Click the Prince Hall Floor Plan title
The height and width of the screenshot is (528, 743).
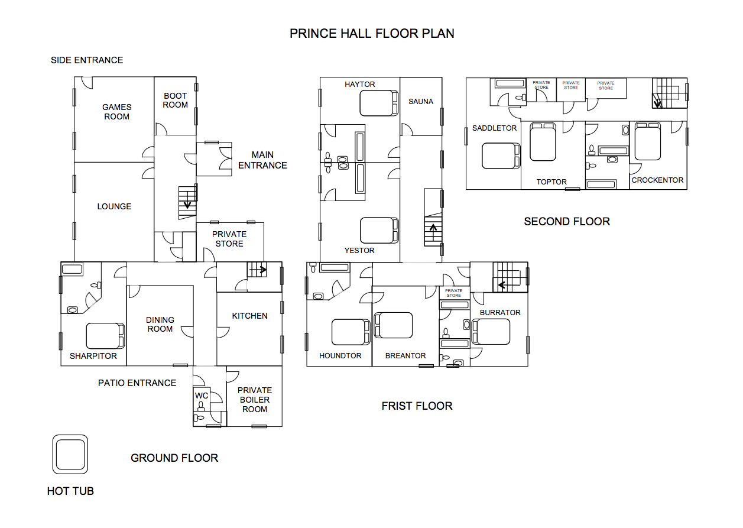pyautogui.click(x=372, y=34)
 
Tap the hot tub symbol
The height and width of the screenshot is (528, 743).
pyautogui.click(x=70, y=454)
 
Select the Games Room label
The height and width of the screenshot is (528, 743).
pyautogui.click(x=117, y=112)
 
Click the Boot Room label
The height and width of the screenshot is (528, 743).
pyautogui.click(x=175, y=101)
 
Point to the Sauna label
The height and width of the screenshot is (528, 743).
pyautogui.click(x=421, y=102)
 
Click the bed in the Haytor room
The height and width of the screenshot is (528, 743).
pyautogui.click(x=379, y=103)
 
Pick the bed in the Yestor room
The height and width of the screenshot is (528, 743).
pyautogui.click(x=379, y=231)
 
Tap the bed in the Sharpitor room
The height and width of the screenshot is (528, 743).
pyautogui.click(x=105, y=336)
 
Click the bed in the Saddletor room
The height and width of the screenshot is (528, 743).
pyautogui.click(x=501, y=156)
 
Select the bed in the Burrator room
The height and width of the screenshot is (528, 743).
pyautogui.click(x=491, y=332)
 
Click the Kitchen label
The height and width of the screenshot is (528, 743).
pyautogui.click(x=249, y=316)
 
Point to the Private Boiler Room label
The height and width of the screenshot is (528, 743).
pyautogui.click(x=254, y=400)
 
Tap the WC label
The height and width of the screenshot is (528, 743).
pyautogui.click(x=202, y=396)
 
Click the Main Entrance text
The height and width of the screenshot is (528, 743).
pyautogui.click(x=262, y=160)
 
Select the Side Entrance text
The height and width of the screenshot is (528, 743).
pyautogui.click(x=87, y=60)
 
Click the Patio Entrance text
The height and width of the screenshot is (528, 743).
pyautogui.click(x=137, y=383)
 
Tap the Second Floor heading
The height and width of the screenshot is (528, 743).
pyautogui.click(x=567, y=221)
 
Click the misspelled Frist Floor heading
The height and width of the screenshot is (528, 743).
pyautogui.click(x=417, y=406)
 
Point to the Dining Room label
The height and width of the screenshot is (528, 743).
pyautogui.click(x=160, y=324)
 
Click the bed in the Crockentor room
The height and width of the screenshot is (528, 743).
pyautogui.click(x=647, y=141)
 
